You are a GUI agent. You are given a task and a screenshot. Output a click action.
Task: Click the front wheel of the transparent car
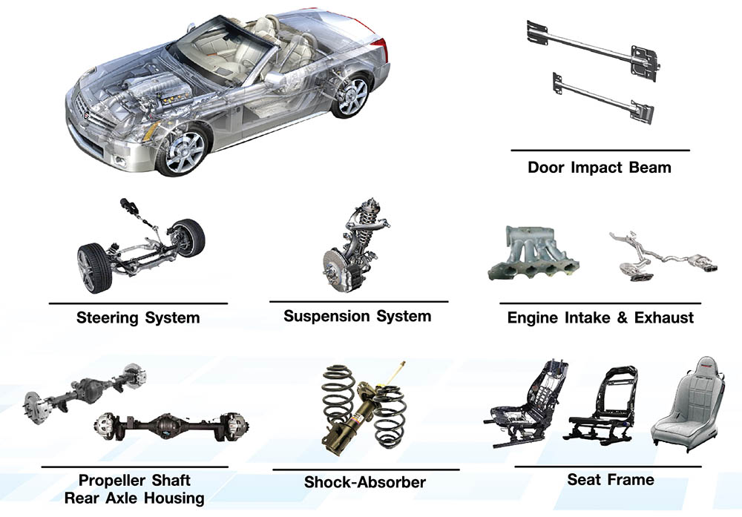pos(183,151)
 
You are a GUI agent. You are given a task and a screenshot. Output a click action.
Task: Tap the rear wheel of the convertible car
pos(351,96)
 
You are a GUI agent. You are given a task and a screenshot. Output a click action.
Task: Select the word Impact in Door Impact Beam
pos(600,168)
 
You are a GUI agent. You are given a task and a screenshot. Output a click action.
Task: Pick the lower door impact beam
pos(603,98)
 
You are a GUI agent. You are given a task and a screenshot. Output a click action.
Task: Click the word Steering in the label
pos(108,318)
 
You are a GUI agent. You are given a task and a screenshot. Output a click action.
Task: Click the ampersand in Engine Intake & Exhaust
pos(622,318)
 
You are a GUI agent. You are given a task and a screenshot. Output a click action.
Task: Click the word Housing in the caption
pos(174,498)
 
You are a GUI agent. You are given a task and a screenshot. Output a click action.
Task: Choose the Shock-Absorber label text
pos(365,482)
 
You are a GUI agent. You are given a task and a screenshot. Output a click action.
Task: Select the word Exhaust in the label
pos(664,318)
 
